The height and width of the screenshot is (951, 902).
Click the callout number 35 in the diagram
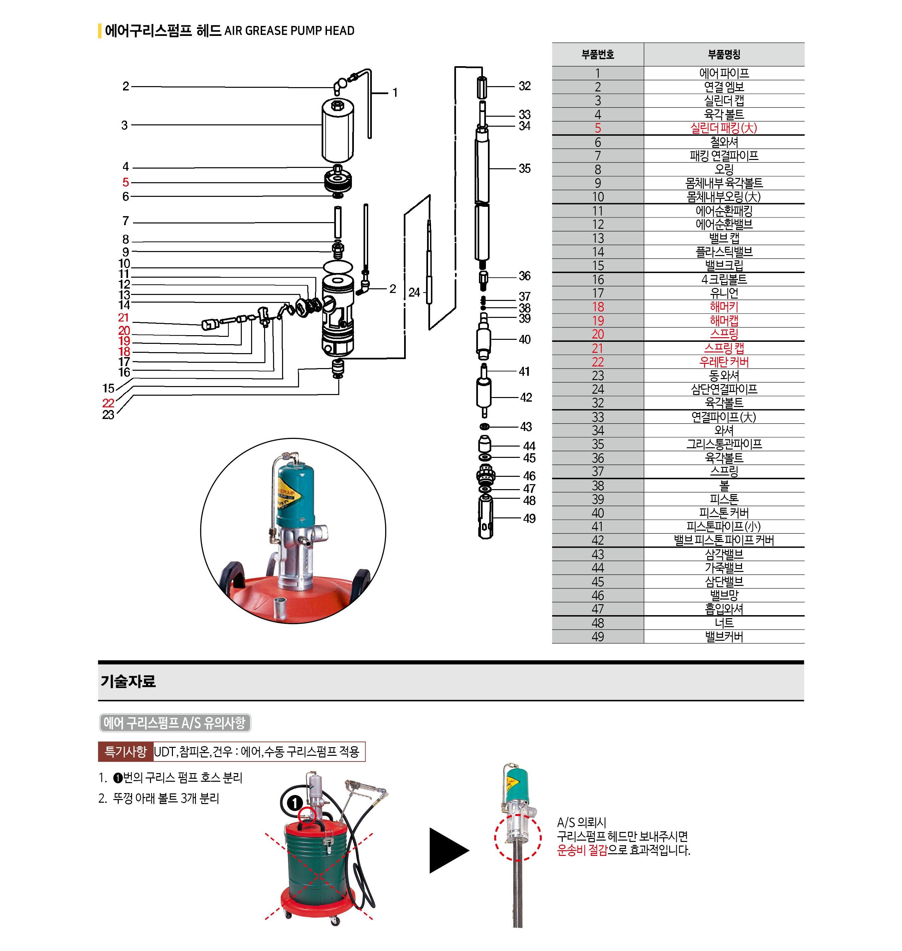point(524,169)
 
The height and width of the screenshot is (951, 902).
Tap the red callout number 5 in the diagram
point(125,182)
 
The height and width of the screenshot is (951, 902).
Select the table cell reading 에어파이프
point(724,73)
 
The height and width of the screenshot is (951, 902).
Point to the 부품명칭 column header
point(724,54)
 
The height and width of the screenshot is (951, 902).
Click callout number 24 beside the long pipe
point(414,292)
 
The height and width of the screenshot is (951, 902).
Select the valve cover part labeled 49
point(486,517)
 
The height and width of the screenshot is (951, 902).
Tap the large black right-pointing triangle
point(447,850)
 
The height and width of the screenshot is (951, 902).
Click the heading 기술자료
point(128,681)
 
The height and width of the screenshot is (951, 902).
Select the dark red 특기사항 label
point(125,751)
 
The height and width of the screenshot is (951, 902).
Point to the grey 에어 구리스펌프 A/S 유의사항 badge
point(175,723)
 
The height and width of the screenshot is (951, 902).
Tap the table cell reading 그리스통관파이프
point(724,444)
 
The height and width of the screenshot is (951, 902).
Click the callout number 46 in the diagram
point(529,476)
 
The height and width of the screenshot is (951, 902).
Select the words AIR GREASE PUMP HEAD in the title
point(289,31)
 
